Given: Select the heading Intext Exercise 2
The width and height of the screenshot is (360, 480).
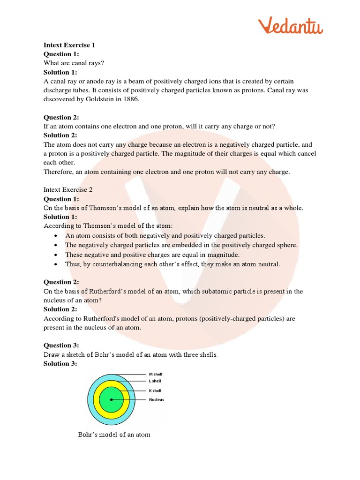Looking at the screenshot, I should [x=68, y=190].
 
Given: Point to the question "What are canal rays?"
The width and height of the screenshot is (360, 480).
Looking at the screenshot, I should [x=74, y=63].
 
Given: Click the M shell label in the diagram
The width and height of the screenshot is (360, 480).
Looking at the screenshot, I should [x=157, y=375].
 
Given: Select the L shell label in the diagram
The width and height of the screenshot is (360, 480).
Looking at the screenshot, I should [x=156, y=381].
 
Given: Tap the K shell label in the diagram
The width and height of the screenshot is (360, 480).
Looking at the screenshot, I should [x=156, y=390].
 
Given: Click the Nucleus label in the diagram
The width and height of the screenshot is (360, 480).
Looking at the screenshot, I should [x=157, y=400].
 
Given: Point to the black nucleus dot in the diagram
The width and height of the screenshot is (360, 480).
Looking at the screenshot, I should [x=112, y=400].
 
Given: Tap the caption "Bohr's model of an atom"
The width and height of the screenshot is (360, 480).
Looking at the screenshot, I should [x=114, y=435].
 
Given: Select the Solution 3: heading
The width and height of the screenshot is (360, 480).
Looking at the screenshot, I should [x=60, y=363].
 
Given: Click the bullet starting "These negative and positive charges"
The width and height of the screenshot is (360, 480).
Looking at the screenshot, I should [x=152, y=255].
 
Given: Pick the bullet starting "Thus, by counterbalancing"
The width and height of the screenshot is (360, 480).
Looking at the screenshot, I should [x=172, y=264].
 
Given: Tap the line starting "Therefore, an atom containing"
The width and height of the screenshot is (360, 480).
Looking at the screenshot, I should [x=167, y=172].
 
